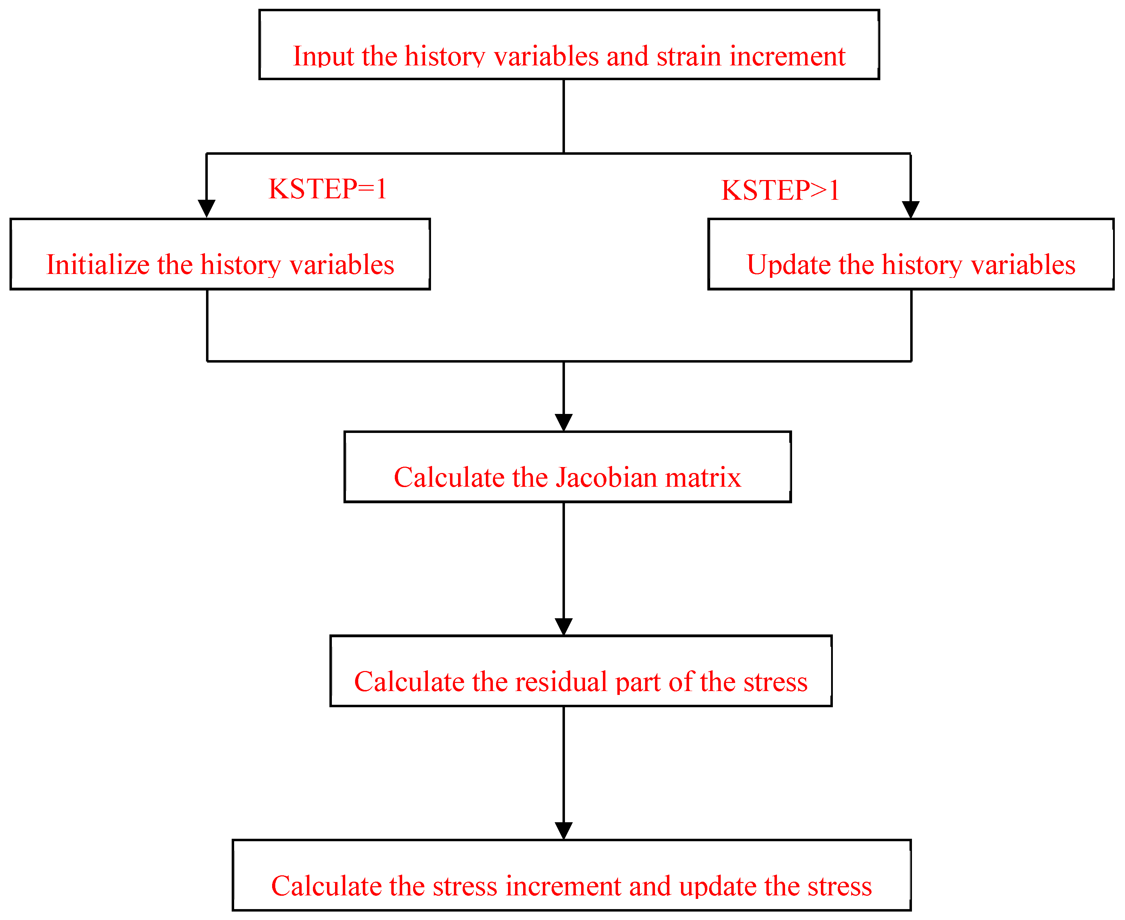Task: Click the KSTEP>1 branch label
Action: (780, 191)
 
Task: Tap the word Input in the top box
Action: (323, 56)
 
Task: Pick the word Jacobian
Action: (606, 478)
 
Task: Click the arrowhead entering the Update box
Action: (911, 209)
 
